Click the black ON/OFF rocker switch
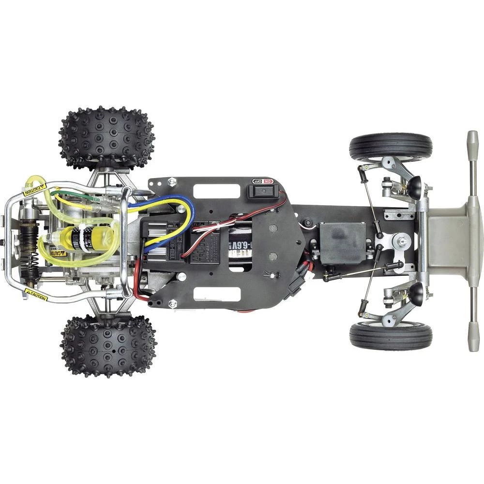pos(261,191)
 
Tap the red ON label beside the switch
pos(269,181)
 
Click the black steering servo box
pos(343,243)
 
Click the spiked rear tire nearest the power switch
pos(107,137)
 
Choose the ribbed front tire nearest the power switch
pos(391,147)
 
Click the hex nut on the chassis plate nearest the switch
pos(172,182)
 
